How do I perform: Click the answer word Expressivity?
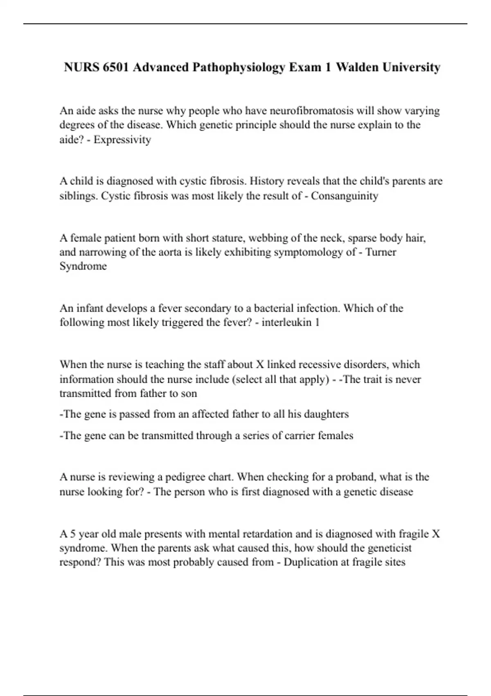point(122,140)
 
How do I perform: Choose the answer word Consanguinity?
point(345,196)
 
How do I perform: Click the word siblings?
point(77,196)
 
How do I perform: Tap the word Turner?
point(381,252)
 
